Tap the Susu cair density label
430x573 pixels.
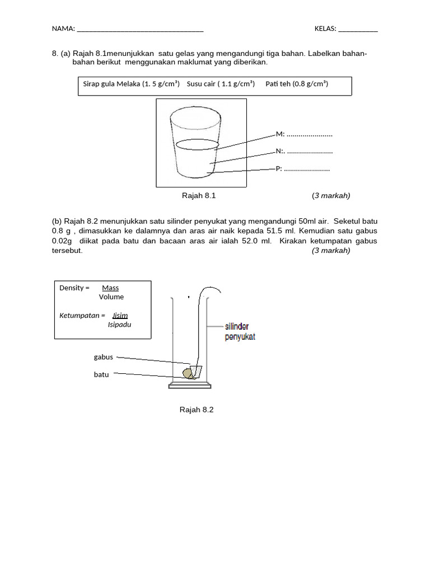[221, 84]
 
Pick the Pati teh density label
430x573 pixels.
[297, 84]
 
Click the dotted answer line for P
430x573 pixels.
[307, 169]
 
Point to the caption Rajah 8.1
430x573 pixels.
[199, 195]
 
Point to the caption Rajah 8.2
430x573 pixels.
[197, 410]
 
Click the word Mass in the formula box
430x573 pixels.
[110, 288]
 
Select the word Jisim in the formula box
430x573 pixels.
[120, 316]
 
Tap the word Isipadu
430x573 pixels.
[120, 325]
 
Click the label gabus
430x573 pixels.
[104, 357]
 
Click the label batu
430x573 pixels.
[101, 375]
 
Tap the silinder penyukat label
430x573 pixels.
[240, 331]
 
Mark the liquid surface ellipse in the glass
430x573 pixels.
[197, 144]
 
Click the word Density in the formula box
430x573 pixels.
[72, 288]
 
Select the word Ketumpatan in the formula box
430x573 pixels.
[80, 316]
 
